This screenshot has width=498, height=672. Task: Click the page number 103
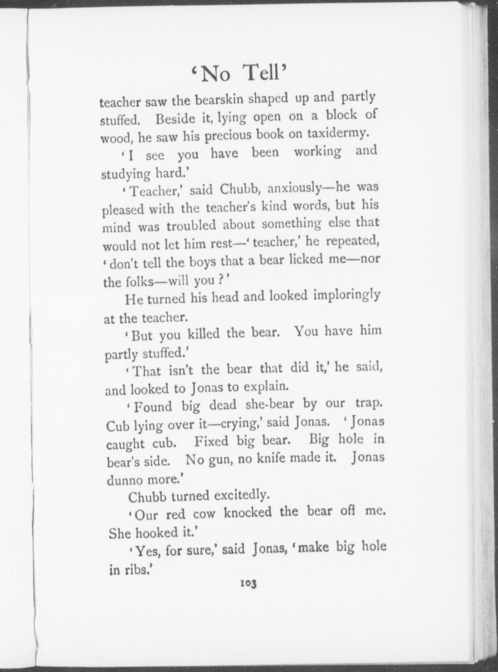[x=248, y=584]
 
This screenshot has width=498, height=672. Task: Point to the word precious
[x=227, y=136]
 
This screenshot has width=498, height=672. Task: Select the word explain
[x=265, y=387]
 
